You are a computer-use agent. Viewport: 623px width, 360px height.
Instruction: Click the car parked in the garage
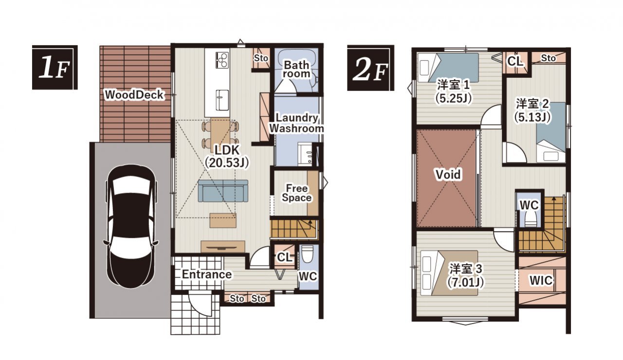click(131, 226)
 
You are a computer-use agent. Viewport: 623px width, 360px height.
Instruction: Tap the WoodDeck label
click(134, 95)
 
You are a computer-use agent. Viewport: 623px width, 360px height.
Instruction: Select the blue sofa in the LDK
click(223, 190)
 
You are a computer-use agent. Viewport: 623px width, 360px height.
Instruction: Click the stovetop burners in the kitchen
click(222, 60)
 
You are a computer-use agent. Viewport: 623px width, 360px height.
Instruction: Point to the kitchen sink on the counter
click(222, 100)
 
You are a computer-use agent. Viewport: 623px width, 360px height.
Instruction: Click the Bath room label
click(296, 69)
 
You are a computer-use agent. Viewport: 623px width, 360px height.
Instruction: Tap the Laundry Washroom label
click(296, 123)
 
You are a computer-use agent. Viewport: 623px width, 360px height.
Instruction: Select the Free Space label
click(296, 193)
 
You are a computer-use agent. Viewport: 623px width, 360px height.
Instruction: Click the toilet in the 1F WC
click(307, 254)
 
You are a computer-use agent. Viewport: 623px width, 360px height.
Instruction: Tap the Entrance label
click(207, 275)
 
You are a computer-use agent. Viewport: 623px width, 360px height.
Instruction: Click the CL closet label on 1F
click(284, 257)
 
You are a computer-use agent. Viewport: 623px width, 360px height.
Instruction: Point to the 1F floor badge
click(55, 67)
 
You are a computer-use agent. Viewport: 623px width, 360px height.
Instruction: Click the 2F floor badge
click(370, 68)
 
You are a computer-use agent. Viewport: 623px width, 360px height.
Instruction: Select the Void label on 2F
click(448, 174)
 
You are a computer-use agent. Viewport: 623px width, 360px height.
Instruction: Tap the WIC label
click(541, 281)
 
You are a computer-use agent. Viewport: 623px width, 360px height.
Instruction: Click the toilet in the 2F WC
click(529, 219)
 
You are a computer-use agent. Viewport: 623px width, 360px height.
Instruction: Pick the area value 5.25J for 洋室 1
click(454, 98)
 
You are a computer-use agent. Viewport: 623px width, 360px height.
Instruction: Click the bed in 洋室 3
click(449, 273)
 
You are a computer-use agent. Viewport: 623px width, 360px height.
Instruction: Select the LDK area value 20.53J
click(227, 163)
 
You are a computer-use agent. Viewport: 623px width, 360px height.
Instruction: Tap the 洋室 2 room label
click(532, 104)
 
